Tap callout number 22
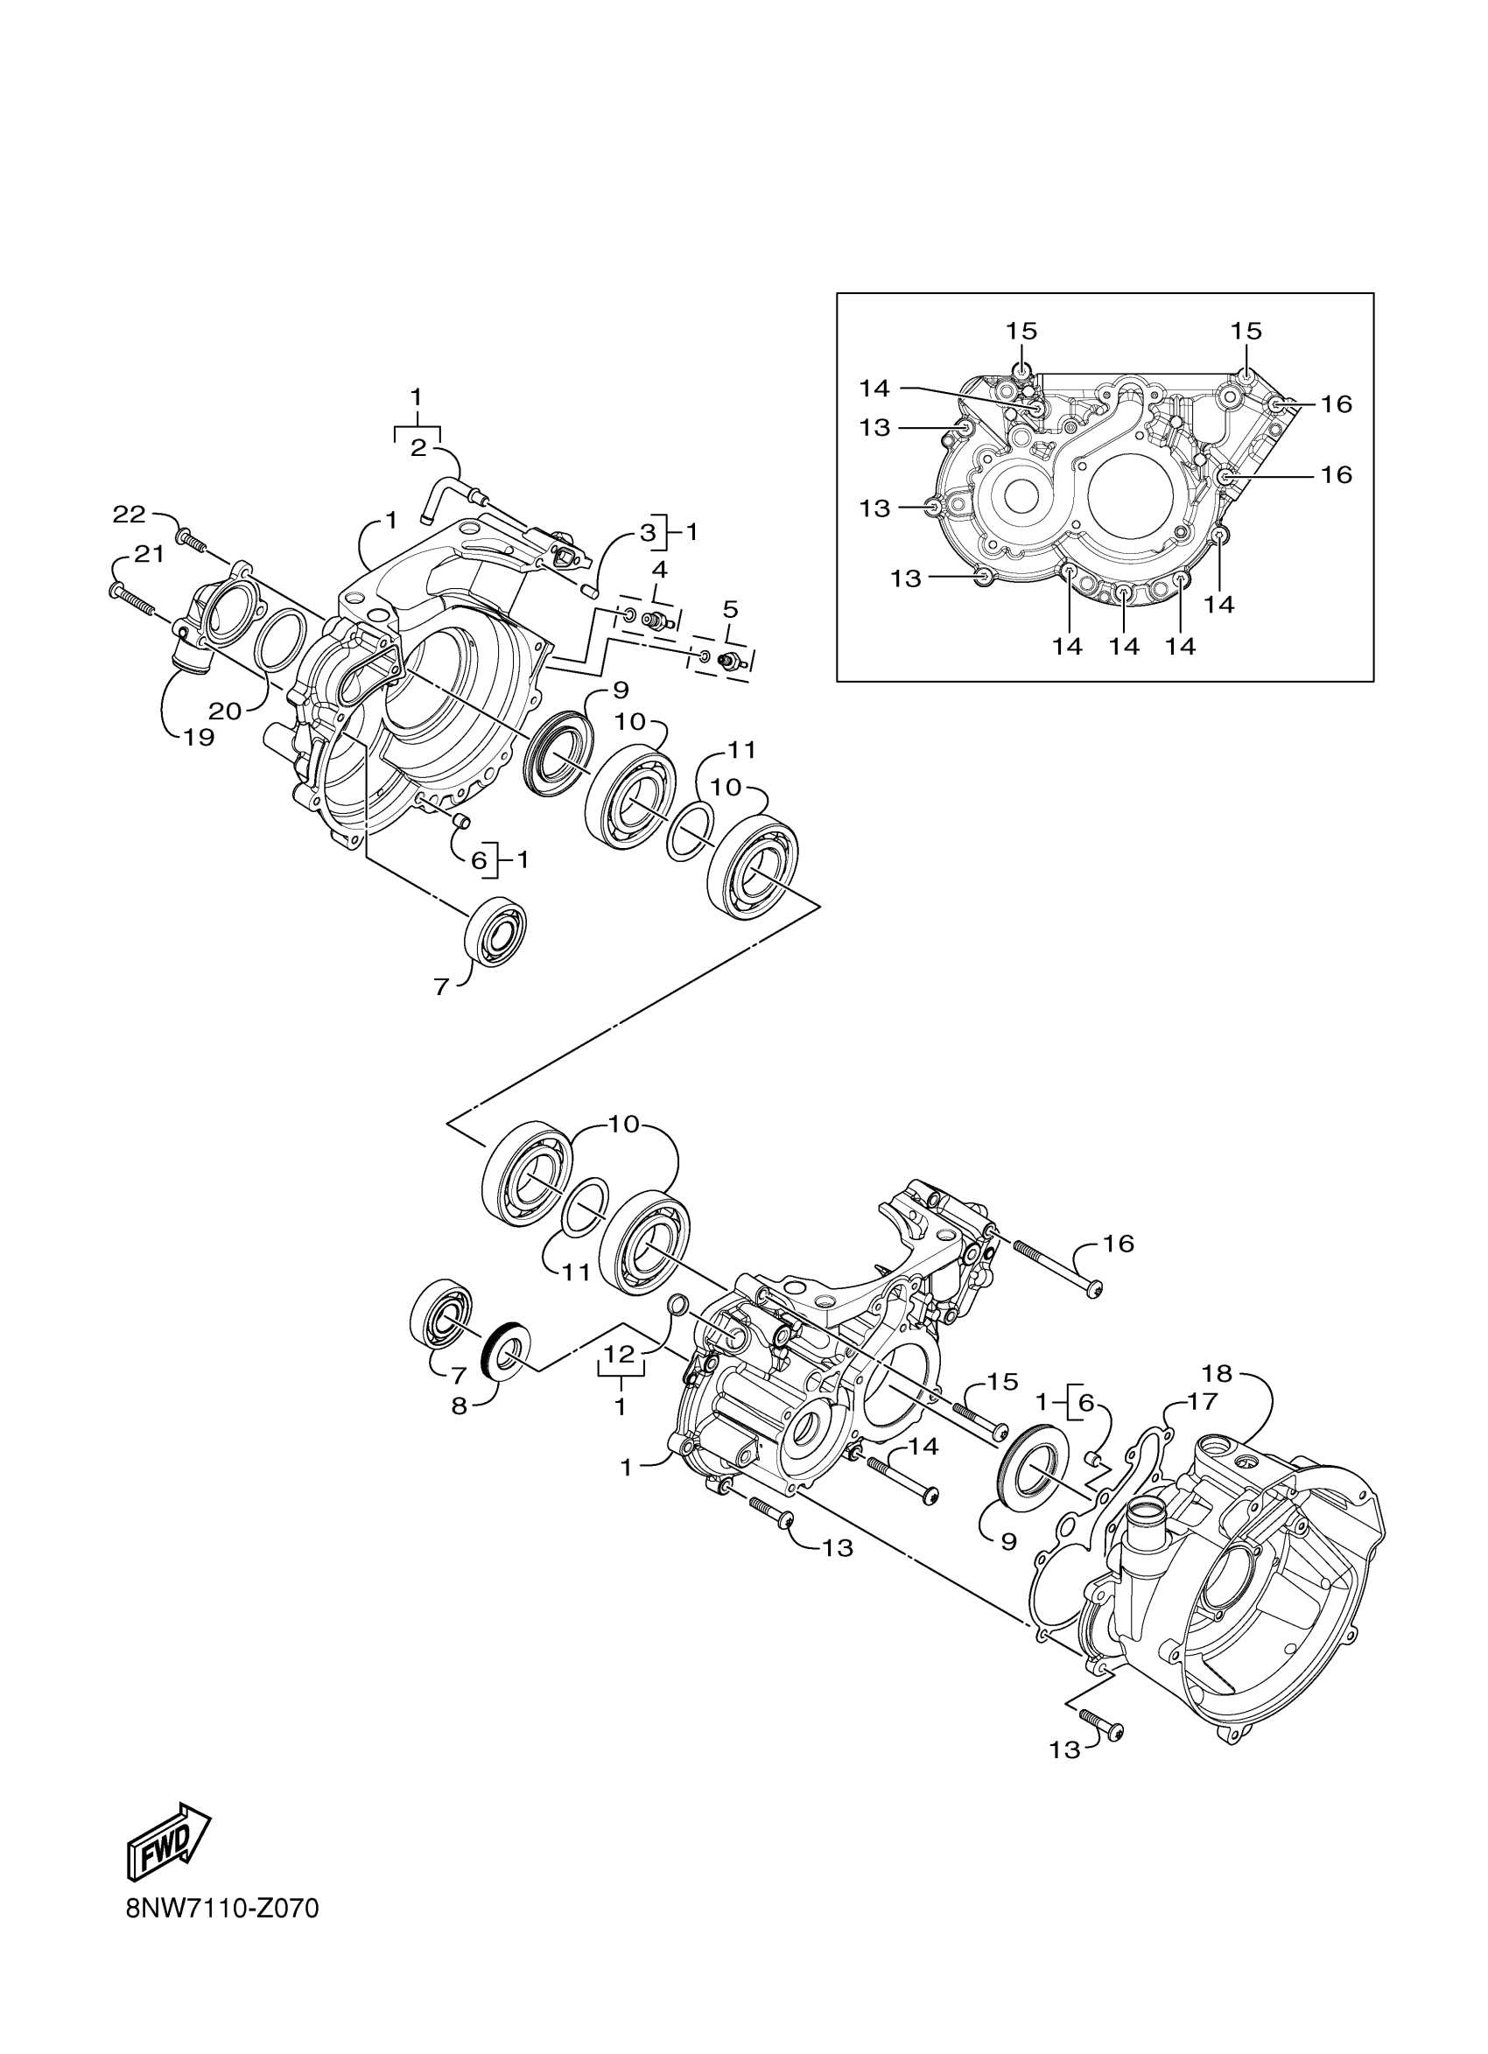pos(129,515)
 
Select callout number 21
pos(149,554)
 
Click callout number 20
pos(226,711)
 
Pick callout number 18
pos(1218,1374)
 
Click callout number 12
pos(621,1379)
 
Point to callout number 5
pos(730,608)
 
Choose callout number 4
pos(659,570)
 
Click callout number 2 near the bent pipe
pos(418,447)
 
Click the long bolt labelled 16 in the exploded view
pos(1056,1267)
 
